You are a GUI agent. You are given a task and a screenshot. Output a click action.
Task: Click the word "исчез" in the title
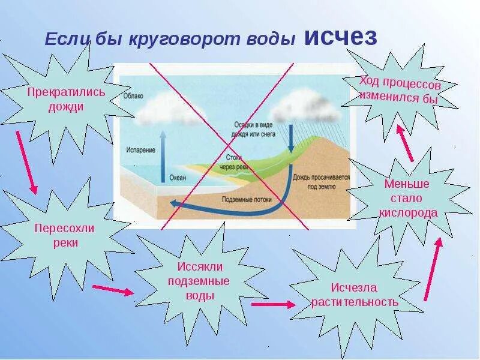[340, 37]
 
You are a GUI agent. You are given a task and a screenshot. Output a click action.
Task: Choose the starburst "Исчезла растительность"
[355, 293]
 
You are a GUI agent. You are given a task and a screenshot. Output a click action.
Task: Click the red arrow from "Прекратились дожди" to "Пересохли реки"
[26, 162]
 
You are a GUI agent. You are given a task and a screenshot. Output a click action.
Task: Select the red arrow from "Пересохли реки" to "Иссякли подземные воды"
[113, 290]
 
